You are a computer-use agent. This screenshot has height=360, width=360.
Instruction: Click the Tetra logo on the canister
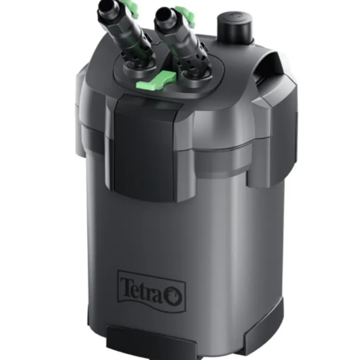pyautogui.click(x=151, y=291)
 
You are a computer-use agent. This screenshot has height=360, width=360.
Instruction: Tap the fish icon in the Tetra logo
pyautogui.click(x=174, y=296)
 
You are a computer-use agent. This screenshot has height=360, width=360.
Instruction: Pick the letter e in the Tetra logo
pyautogui.click(x=137, y=290)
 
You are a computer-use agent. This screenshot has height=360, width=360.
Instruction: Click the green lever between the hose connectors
pyautogui.click(x=156, y=80)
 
